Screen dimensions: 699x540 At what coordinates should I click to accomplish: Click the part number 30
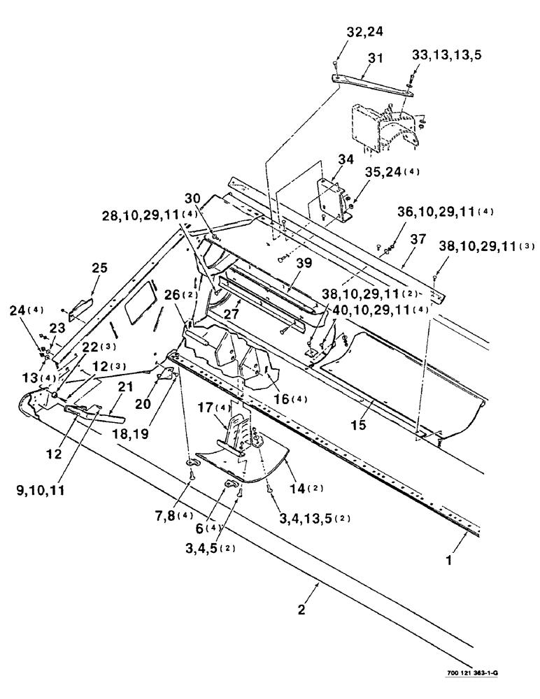193,198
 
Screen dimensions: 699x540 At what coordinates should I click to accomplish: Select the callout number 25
99,268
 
